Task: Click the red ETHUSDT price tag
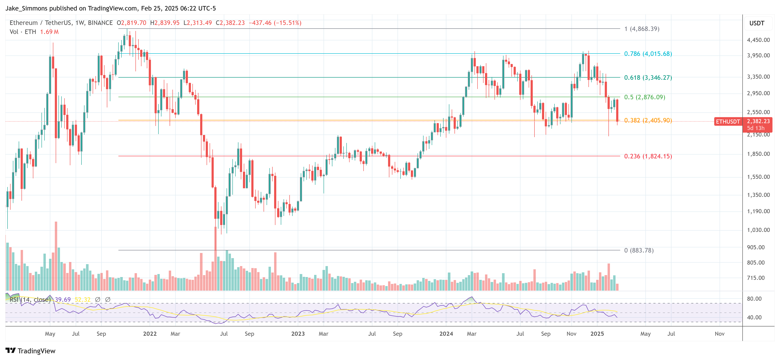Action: pyautogui.click(x=728, y=121)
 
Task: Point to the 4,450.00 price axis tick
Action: pyautogui.click(x=758, y=40)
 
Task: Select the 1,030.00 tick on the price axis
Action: pyautogui.click(x=758, y=230)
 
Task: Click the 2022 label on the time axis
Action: pyautogui.click(x=150, y=334)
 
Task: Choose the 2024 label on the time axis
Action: pyautogui.click(x=446, y=334)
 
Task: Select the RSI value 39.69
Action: pyautogui.click(x=63, y=299)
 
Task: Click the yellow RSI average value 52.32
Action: pyautogui.click(x=83, y=299)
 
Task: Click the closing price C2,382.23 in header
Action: pyautogui.click(x=230, y=23)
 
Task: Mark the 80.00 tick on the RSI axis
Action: pyautogui.click(x=754, y=299)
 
